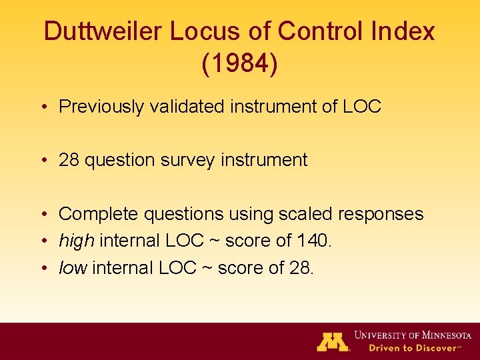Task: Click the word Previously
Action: coord(101,107)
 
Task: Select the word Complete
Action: coord(99,213)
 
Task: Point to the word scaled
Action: coord(303,213)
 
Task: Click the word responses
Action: coord(381,214)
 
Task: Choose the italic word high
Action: coord(76,241)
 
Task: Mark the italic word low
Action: coord(73,267)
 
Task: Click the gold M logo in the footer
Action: coord(333,341)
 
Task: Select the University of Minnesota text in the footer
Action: coord(412,335)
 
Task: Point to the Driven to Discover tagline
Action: coord(407,348)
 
